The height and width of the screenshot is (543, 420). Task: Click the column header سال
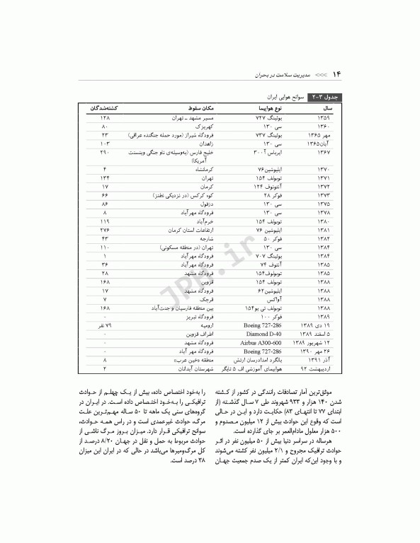327,108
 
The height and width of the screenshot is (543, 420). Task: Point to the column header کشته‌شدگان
104,108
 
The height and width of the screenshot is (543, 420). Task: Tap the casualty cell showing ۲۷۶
104,230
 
